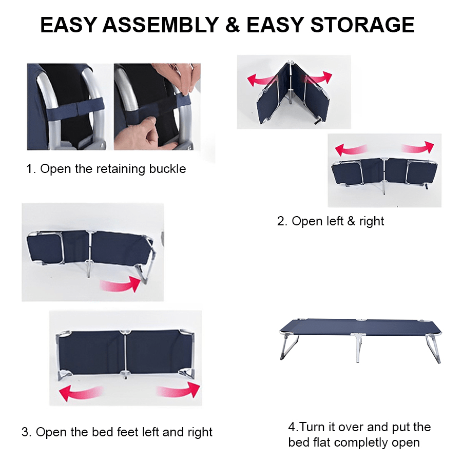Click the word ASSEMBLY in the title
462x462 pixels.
[161, 25]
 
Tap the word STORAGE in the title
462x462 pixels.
[362, 25]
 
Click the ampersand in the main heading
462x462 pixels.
[233, 25]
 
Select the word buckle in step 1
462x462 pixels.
[168, 169]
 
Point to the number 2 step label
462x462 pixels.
[282, 221]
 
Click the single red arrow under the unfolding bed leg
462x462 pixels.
[121, 284]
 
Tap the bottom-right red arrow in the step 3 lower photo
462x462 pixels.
[179, 390]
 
